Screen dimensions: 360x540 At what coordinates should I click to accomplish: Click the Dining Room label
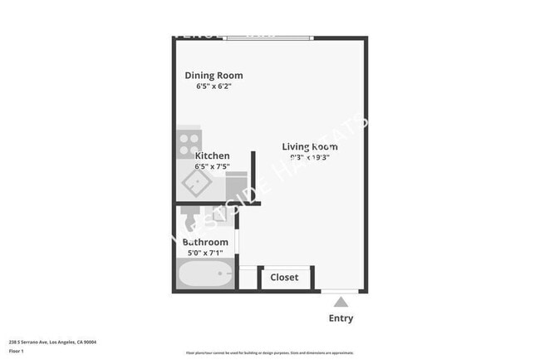tap(214, 76)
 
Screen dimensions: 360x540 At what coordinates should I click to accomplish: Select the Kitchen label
tap(212, 155)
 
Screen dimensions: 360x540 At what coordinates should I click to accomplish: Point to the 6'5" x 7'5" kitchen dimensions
tap(212, 166)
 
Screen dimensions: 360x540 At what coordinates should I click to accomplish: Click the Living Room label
tap(309, 146)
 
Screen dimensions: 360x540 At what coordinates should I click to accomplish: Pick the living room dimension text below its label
tap(309, 157)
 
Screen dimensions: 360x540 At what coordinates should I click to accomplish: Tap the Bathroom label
tap(205, 243)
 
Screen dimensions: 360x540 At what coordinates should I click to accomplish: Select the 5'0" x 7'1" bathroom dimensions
tap(205, 253)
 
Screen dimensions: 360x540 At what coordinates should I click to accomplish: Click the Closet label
tap(284, 277)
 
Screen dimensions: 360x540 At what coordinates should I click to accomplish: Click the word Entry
tap(341, 318)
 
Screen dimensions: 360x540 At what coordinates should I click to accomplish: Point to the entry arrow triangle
tap(341, 303)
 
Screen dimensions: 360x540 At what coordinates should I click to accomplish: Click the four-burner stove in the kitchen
tap(189, 141)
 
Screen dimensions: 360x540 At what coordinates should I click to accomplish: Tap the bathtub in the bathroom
tap(206, 274)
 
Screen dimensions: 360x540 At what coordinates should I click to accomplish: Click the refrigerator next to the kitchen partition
tap(237, 185)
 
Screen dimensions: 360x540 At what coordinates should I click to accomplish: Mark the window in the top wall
tap(268, 37)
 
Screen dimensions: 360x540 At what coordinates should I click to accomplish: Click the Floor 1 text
tap(16, 351)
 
